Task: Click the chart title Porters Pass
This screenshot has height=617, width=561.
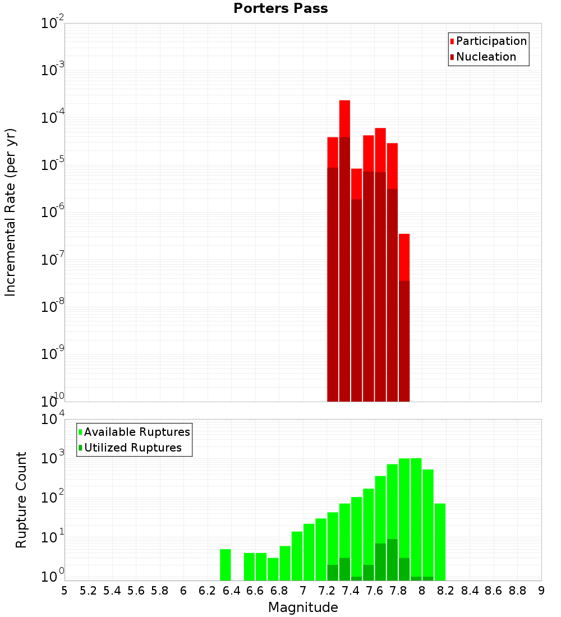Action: (x=280, y=8)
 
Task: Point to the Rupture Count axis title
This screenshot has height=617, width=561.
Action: (x=21, y=500)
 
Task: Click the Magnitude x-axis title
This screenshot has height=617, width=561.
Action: (x=303, y=607)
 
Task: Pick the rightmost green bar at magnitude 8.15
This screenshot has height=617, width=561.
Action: (x=440, y=541)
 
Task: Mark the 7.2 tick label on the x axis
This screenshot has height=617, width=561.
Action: (x=327, y=591)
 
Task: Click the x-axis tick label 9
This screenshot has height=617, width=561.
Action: (x=541, y=591)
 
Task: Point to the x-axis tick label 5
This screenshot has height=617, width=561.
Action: (x=65, y=591)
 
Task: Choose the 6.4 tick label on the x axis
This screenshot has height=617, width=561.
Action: (x=231, y=591)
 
